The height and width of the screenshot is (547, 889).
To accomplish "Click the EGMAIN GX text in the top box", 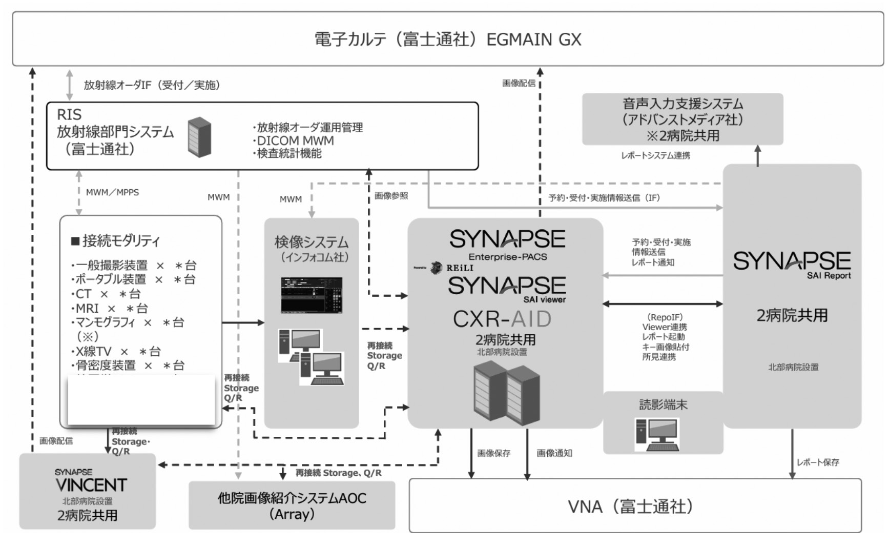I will (x=533, y=39).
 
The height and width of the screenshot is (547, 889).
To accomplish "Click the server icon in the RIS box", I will (x=199, y=136).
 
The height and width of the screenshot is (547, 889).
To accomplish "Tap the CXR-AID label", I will (x=502, y=319).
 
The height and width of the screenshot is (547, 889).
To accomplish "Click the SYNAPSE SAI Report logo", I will (x=792, y=264).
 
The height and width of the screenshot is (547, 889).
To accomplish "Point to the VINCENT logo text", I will (x=91, y=484).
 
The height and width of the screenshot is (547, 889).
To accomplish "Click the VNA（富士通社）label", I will (x=631, y=507).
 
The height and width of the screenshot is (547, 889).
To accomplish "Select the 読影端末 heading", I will (x=663, y=405).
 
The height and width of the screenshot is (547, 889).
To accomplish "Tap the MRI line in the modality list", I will (x=112, y=308).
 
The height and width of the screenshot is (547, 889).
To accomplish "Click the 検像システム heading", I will (x=311, y=242).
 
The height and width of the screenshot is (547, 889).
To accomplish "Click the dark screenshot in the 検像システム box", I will (x=311, y=295).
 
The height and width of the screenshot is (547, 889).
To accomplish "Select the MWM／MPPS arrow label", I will (x=112, y=193).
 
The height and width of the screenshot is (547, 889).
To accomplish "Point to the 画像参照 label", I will (x=391, y=195).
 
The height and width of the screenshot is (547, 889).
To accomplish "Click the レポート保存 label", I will (x=817, y=462).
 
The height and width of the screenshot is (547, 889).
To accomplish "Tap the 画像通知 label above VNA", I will (x=554, y=453).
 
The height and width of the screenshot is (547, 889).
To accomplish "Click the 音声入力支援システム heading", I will (x=683, y=104).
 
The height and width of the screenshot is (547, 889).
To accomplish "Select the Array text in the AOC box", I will (x=292, y=514).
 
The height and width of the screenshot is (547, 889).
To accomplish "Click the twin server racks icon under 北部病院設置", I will (x=506, y=391).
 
